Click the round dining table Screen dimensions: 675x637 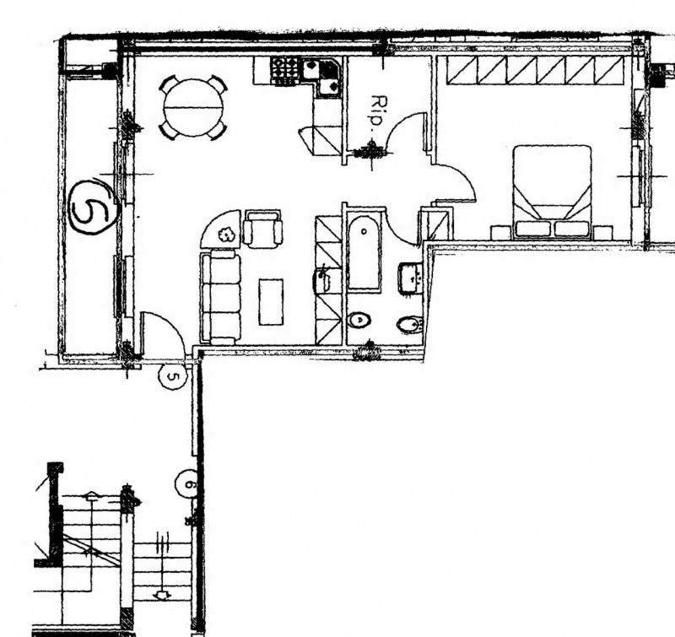pyautogui.click(x=193, y=108)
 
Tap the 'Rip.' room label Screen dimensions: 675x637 pyautogui.click(x=375, y=111)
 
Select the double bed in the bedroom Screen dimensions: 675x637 pyautogui.click(x=552, y=191)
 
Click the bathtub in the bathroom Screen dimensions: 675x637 pyautogui.click(x=364, y=252)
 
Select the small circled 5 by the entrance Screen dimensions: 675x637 pyautogui.click(x=173, y=376)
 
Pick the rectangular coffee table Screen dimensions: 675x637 pyautogui.click(x=271, y=302)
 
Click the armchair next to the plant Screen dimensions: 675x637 pyautogui.click(x=262, y=228)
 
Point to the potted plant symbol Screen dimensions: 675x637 pyautogui.click(x=225, y=235)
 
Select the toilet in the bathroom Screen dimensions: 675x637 pyautogui.click(x=359, y=321)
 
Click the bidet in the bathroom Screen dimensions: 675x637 pyautogui.click(x=411, y=325)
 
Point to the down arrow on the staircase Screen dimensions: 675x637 pyautogui.click(x=162, y=596)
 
